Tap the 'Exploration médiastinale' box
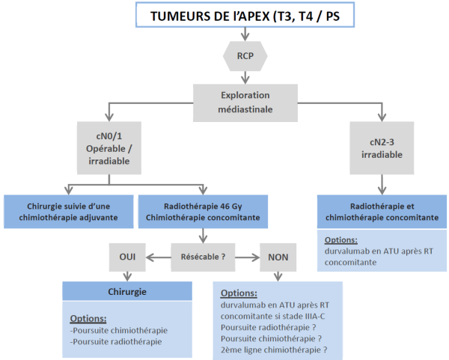pyautogui.click(x=245, y=103)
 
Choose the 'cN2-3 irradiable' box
pyautogui.click(x=382, y=149)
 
